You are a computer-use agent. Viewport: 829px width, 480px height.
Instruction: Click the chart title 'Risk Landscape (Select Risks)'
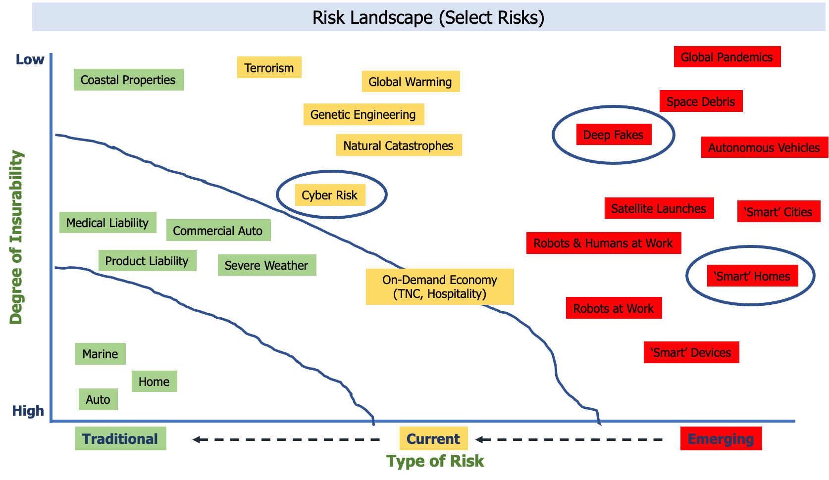point(428,17)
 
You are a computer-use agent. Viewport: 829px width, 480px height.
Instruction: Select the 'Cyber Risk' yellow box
point(330,195)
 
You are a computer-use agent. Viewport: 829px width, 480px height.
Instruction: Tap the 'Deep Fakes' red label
point(614,135)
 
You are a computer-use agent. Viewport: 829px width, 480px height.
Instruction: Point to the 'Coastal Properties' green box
point(128,80)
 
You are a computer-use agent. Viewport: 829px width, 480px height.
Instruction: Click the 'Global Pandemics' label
point(727,57)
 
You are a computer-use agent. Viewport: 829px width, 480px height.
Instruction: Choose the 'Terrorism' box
point(269,68)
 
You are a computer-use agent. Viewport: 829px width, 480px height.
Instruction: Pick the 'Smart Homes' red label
point(752,276)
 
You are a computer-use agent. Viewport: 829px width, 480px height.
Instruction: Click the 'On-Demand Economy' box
point(440,287)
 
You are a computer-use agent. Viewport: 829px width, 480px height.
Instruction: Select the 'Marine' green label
point(100,354)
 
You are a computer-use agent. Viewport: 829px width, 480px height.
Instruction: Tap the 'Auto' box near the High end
point(98,399)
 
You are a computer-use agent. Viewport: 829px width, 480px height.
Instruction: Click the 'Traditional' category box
point(120,438)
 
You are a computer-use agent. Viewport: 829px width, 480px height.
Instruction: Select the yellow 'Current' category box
point(433,438)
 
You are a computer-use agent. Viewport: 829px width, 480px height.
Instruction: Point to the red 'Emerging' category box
point(721,438)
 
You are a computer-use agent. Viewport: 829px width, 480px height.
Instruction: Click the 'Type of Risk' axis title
point(435,461)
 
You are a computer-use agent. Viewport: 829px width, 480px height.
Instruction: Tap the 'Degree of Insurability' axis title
point(16,238)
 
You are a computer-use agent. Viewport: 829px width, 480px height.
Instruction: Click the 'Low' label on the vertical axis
point(30,59)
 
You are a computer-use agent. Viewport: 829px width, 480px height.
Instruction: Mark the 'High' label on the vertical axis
point(28,411)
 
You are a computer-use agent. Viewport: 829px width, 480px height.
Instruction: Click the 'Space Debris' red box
point(701,101)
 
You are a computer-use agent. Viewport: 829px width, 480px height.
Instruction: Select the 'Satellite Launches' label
point(659,208)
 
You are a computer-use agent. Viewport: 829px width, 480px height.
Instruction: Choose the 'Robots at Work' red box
point(614,308)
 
